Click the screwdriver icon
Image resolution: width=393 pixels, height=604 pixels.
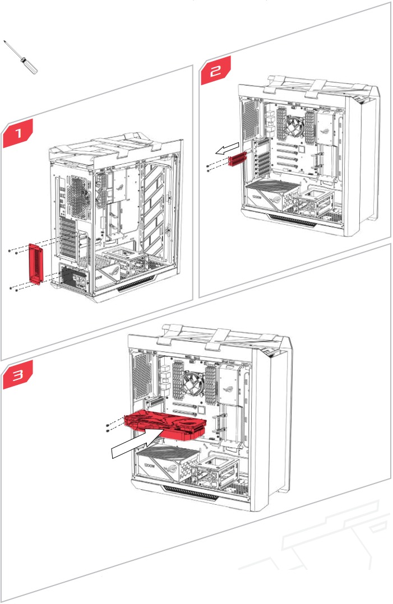click(21, 57)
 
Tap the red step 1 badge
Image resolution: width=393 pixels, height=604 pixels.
click(19, 133)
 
